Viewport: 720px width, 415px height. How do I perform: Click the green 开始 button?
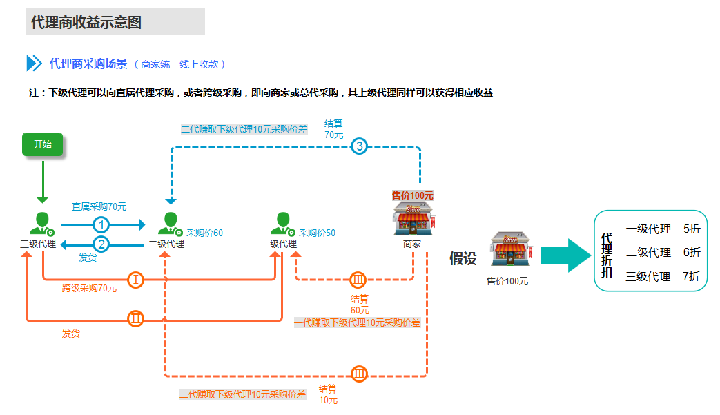tap(42, 145)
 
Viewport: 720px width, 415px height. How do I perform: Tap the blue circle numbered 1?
tap(101, 224)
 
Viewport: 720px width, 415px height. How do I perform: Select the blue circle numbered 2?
tap(101, 244)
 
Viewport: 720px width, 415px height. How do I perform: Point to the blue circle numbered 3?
tap(359, 146)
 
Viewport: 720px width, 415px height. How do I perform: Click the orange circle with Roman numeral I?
tap(136, 280)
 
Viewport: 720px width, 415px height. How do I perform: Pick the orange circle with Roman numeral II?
tap(136, 318)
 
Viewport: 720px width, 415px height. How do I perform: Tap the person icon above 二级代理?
tap(169, 224)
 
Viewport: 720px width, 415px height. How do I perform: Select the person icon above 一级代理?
tap(282, 224)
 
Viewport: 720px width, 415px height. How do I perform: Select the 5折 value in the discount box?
tap(691, 229)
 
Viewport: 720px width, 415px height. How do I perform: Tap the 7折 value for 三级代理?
tap(691, 277)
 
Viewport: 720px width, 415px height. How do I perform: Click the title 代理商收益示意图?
tap(86, 22)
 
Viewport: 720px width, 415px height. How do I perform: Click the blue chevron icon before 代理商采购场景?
tap(34, 64)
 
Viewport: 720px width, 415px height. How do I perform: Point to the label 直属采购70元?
tap(99, 206)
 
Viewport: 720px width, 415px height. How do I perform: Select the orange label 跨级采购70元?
tap(89, 289)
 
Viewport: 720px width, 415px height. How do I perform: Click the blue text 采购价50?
tap(317, 233)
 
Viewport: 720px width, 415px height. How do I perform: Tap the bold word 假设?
tap(463, 259)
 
